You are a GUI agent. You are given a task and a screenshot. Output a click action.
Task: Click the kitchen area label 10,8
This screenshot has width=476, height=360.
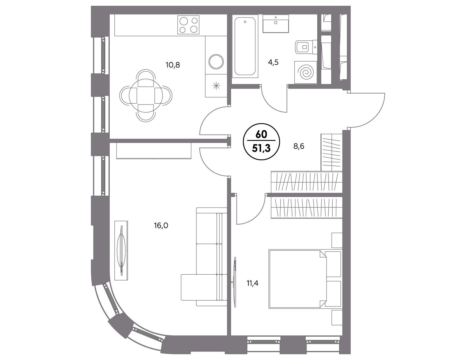point(173,65)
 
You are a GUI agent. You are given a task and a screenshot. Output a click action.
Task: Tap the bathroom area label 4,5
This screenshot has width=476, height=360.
point(273,62)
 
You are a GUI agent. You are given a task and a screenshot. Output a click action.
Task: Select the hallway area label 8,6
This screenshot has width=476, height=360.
point(299,146)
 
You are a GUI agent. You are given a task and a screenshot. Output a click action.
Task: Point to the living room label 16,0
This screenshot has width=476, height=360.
point(161,226)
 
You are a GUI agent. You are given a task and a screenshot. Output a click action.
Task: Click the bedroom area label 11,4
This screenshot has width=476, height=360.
point(252,283)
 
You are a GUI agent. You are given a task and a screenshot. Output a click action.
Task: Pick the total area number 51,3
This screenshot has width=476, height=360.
point(262,149)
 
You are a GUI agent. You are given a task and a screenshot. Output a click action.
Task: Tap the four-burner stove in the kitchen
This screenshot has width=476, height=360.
point(188,25)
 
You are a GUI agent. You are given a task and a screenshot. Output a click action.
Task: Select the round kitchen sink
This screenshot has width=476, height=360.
point(216,62)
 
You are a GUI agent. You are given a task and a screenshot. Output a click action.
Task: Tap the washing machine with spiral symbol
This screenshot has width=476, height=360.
point(306,72)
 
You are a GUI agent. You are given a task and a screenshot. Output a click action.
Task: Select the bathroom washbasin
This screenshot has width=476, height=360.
point(276,24)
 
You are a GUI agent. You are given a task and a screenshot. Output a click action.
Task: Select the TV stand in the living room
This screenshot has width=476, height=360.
point(121,251)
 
